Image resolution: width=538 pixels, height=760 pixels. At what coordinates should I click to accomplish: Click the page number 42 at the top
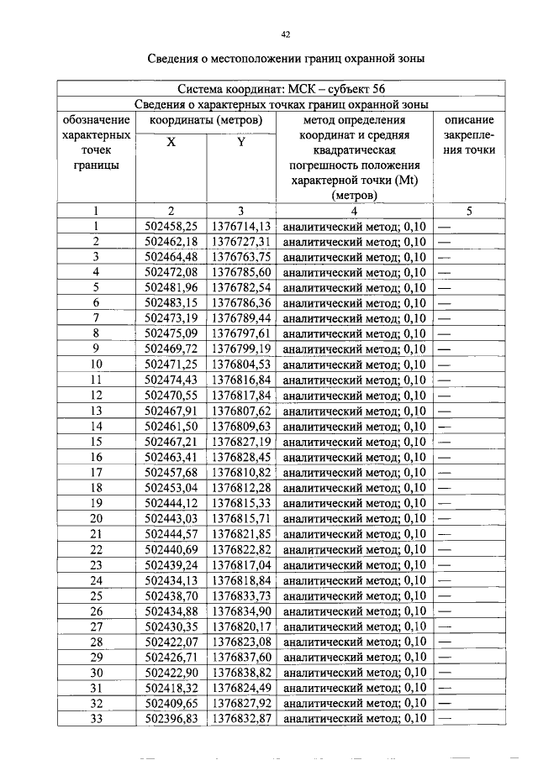coord(285,34)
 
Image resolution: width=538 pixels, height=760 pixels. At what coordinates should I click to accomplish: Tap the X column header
coord(171,142)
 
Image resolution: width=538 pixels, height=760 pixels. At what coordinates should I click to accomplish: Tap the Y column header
coord(240,142)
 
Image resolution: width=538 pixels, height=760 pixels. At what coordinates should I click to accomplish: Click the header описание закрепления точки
coord(469,135)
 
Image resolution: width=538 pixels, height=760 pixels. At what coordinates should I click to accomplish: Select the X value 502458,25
coord(171,227)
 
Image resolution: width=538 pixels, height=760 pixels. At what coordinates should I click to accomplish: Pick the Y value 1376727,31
coord(241,242)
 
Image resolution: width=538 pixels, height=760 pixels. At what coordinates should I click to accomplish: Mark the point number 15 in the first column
coord(97,442)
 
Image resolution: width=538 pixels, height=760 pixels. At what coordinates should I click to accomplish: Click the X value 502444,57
coord(171,534)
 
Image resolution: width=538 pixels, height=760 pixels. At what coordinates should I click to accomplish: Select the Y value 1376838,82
coord(241,673)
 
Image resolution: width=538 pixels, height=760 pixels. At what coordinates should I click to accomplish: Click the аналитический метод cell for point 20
coord(354,519)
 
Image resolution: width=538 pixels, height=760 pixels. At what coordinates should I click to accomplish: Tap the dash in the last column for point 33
coord(445,719)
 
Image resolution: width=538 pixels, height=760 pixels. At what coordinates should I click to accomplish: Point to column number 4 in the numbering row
coord(354,211)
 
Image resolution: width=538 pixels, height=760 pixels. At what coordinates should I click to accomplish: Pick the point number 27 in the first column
coord(97,626)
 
